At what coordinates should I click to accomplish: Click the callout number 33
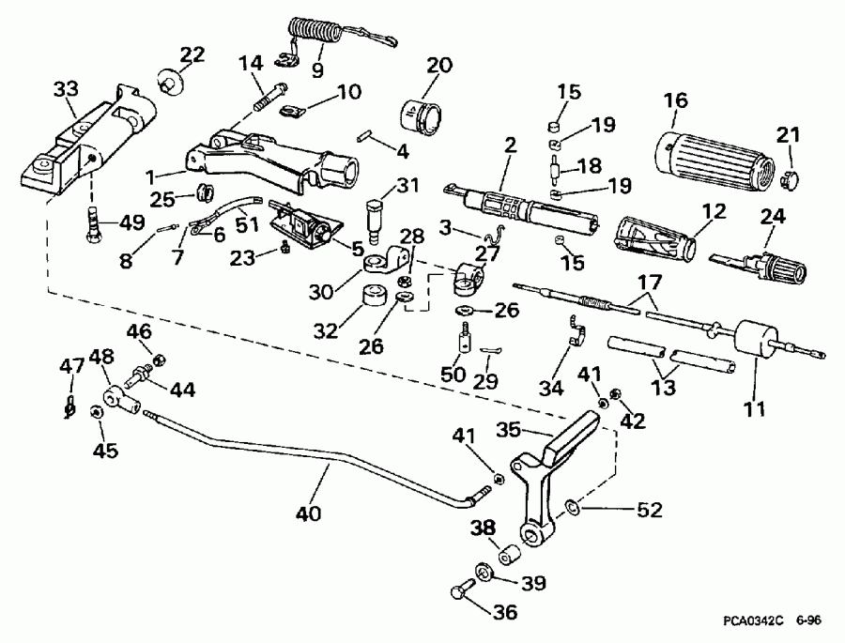tap(65, 90)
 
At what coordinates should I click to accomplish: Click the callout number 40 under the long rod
tap(307, 513)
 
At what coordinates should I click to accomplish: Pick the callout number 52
tap(649, 511)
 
